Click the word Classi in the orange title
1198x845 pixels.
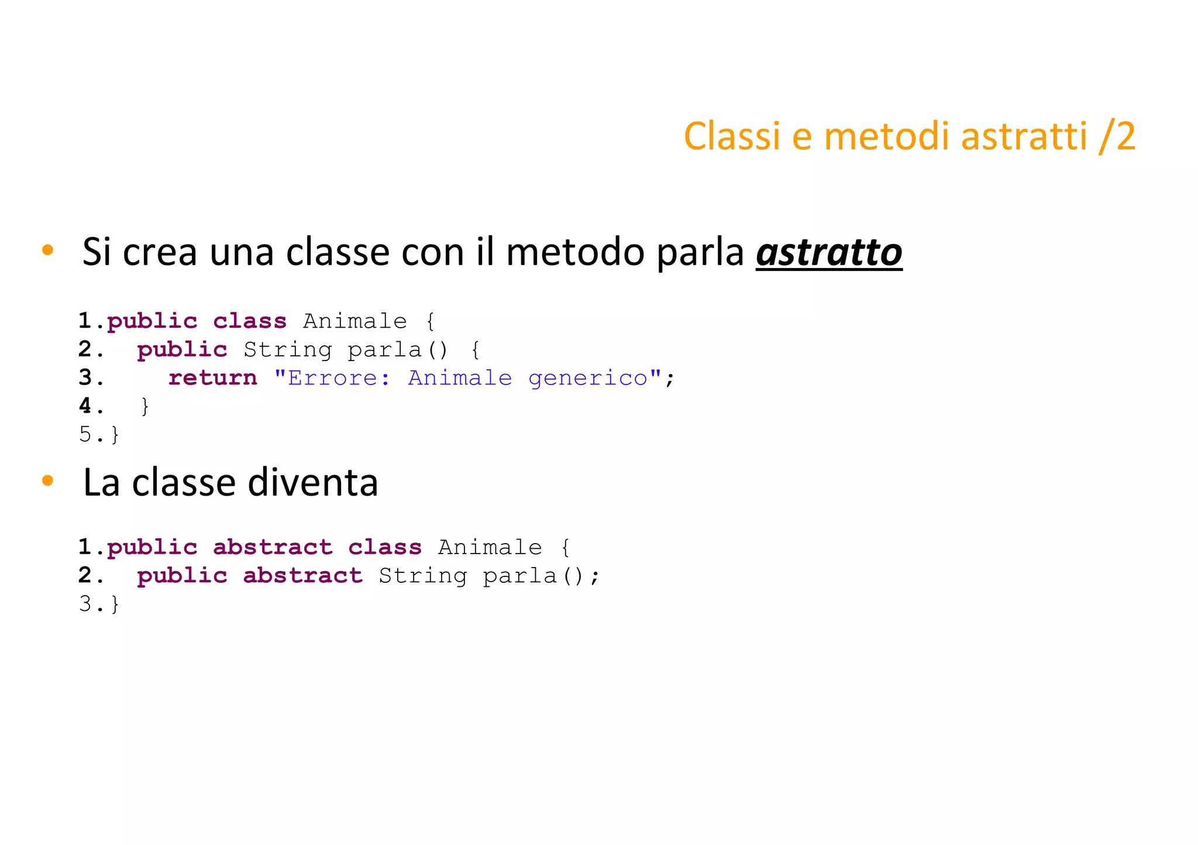pyautogui.click(x=731, y=136)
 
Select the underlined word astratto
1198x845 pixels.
pyautogui.click(x=829, y=253)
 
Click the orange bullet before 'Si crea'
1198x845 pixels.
pyautogui.click(x=48, y=250)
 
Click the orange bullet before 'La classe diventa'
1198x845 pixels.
pyautogui.click(x=48, y=481)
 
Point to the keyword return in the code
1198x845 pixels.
pyautogui.click(x=213, y=378)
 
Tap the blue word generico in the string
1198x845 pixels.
pyautogui.click(x=588, y=378)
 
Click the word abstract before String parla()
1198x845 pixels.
pyautogui.click(x=303, y=576)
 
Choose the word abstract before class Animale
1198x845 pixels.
pyautogui.click(x=273, y=548)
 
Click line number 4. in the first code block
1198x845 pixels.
pyautogui.click(x=91, y=406)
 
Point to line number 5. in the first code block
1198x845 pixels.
pyautogui.click(x=91, y=434)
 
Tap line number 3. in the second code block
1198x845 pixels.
pyautogui.click(x=91, y=603)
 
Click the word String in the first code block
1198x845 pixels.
pyautogui.click(x=288, y=350)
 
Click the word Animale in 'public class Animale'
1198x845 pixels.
pyautogui.click(x=354, y=321)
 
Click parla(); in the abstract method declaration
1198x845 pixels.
pyautogui.click(x=541, y=576)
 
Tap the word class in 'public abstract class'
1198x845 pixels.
pyautogui.click(x=385, y=548)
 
